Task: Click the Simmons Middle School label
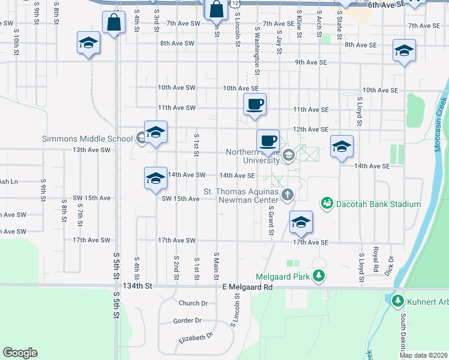(x=87, y=139)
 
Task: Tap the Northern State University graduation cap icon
(x=288, y=156)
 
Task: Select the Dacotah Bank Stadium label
(x=378, y=204)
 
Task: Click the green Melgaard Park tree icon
(x=320, y=276)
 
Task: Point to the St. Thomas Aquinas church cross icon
(x=288, y=194)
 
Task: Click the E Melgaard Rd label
(x=247, y=287)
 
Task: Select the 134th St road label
(x=137, y=287)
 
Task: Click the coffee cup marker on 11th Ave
(x=255, y=104)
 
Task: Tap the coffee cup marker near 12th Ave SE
(x=268, y=141)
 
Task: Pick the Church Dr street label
(x=193, y=303)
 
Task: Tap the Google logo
(x=20, y=353)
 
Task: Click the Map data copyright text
(x=423, y=355)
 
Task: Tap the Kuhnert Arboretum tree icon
(x=396, y=299)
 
